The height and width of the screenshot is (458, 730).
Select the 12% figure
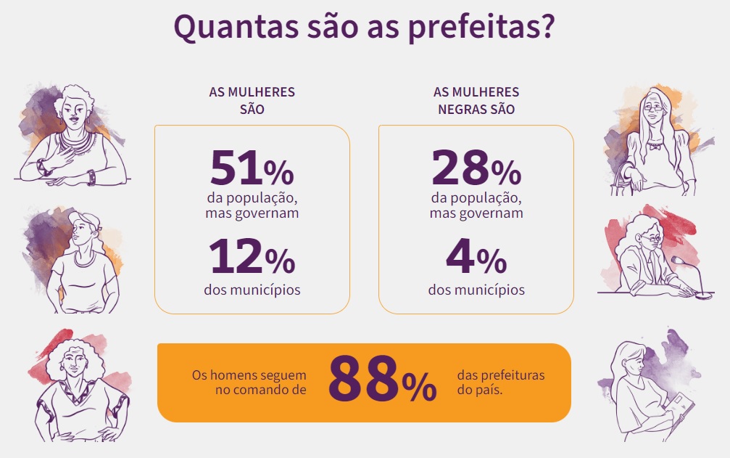click(x=252, y=258)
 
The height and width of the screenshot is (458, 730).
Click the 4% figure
click(x=476, y=258)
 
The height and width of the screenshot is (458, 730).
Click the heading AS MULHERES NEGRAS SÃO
click(x=476, y=101)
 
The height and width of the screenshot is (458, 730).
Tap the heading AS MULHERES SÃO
click(x=252, y=101)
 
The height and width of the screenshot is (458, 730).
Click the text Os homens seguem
click(x=249, y=376)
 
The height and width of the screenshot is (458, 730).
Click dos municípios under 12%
click(x=252, y=290)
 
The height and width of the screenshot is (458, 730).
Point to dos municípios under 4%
click(x=476, y=290)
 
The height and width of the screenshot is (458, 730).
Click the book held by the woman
click(x=681, y=417)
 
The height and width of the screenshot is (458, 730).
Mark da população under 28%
click(x=476, y=198)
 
